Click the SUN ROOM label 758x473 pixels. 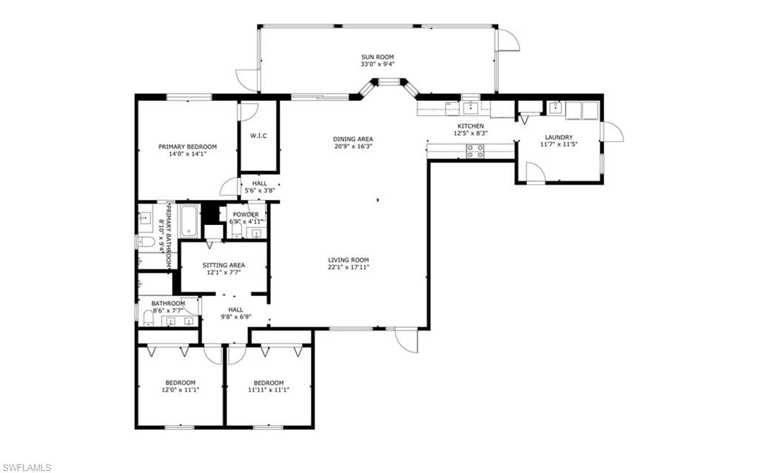click(x=378, y=57)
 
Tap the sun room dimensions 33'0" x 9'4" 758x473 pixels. click(x=378, y=64)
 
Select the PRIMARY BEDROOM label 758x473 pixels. click(x=187, y=147)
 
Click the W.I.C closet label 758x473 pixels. click(x=258, y=136)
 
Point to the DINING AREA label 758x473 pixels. click(x=353, y=139)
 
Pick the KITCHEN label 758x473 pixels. click(x=470, y=127)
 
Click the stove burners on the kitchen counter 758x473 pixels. click(x=475, y=151)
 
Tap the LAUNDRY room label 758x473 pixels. click(x=559, y=138)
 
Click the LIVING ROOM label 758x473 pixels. click(x=349, y=260)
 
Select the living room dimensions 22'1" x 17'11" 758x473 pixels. click(x=349, y=266)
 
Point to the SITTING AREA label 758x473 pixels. click(x=224, y=265)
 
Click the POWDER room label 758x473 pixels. click(x=246, y=215)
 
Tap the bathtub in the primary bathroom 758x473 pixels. click(x=189, y=221)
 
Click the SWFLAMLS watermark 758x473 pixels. click(x=26, y=467)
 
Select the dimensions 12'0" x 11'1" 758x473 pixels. click(x=181, y=389)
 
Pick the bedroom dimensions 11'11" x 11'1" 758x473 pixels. click(x=268, y=389)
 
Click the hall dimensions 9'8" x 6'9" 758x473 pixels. click(x=236, y=318)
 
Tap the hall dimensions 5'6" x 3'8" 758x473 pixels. click(x=260, y=190)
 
